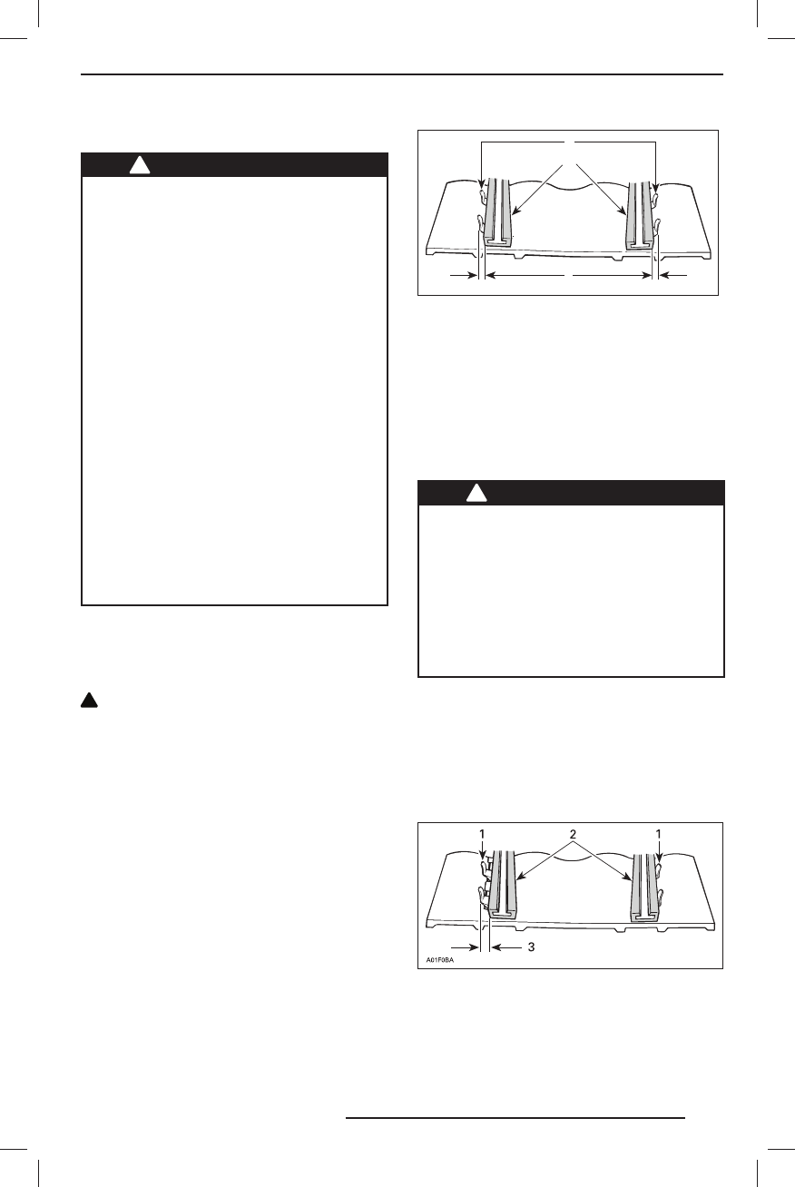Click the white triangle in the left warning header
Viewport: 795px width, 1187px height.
point(139,165)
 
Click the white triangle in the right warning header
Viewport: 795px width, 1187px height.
point(476,493)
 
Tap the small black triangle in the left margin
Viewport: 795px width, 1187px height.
point(91,701)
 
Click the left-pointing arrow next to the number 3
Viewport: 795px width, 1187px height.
point(505,947)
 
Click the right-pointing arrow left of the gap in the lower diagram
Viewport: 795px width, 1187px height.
point(463,947)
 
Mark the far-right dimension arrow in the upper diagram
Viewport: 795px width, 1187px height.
point(675,273)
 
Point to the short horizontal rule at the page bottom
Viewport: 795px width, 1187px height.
point(515,1119)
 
